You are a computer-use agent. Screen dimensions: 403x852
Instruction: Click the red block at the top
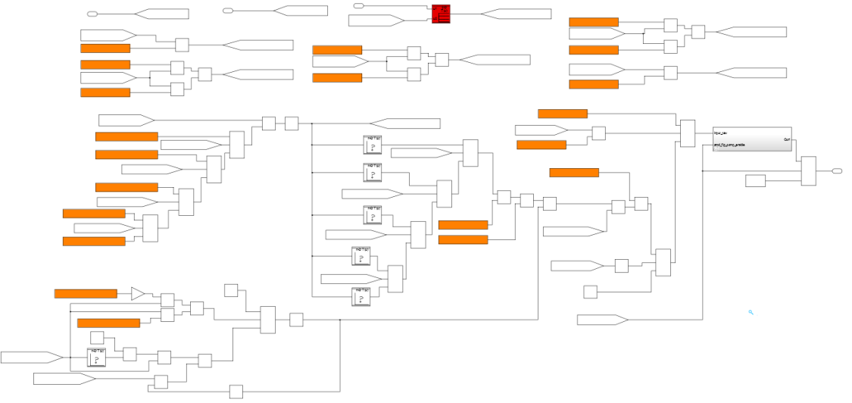[x=441, y=14]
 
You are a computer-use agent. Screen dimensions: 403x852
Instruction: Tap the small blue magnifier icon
[x=751, y=312]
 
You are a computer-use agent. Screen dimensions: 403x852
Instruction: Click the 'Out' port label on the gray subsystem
[x=787, y=140]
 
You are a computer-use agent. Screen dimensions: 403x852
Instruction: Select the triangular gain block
[x=137, y=294]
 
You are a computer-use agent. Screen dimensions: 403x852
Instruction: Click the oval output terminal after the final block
[x=837, y=171]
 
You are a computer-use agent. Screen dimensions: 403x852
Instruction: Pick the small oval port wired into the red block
[x=359, y=6]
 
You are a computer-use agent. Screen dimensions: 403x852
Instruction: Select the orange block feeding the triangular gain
[x=86, y=294]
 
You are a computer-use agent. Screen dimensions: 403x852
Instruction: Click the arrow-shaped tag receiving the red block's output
[x=516, y=14]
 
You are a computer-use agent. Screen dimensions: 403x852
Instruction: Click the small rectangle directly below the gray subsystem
[x=755, y=180]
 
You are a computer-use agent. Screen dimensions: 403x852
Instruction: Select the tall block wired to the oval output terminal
[x=809, y=171]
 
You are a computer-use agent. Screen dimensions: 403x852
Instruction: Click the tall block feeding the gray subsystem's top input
[x=688, y=133]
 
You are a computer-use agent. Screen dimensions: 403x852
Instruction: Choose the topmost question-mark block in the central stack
[x=373, y=144]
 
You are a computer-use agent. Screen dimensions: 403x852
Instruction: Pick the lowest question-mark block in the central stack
[x=361, y=296]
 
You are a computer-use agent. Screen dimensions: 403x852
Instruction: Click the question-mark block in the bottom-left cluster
[x=96, y=358]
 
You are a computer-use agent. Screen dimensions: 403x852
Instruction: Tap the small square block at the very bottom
[x=236, y=392]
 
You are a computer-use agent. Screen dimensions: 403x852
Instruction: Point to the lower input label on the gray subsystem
[x=729, y=145]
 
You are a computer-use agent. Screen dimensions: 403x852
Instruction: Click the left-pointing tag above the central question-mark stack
[x=404, y=123]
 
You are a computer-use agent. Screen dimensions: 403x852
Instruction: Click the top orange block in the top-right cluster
[x=594, y=22]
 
